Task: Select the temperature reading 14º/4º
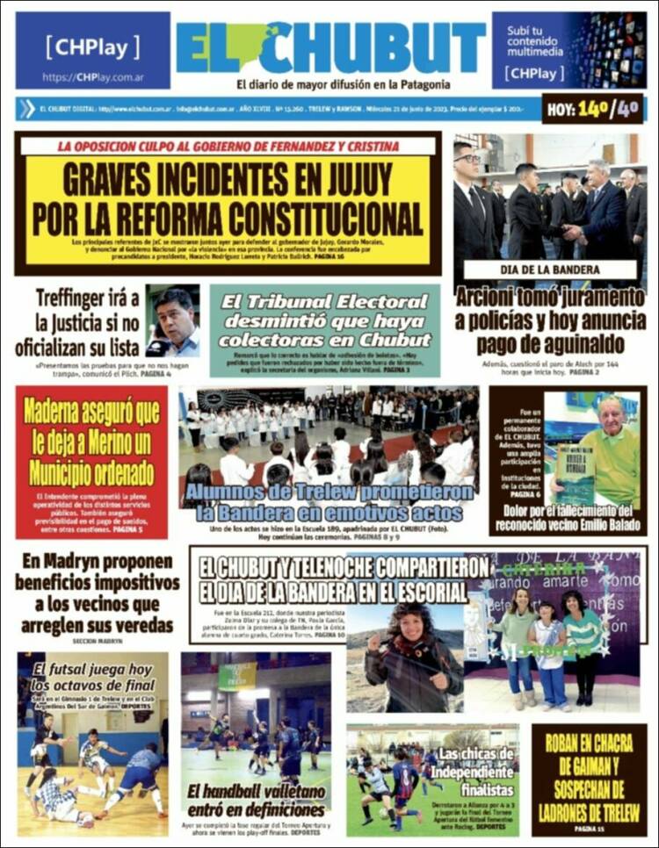click(593, 111)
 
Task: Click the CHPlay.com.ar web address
click(92, 76)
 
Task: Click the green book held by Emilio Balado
click(576, 473)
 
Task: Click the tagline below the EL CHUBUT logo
click(344, 84)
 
